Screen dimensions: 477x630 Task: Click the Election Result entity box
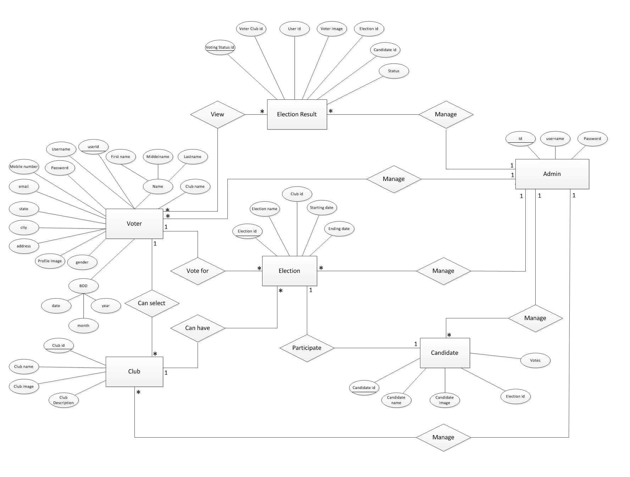click(297, 114)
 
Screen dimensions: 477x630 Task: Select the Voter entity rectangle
click(134, 224)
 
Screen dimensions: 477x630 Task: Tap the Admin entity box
click(552, 174)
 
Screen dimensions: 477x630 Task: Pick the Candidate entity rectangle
click(444, 353)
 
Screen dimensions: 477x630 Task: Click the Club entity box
click(134, 371)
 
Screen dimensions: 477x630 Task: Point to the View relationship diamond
click(217, 114)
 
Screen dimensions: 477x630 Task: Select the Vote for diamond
click(198, 271)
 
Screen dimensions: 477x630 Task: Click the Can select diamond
click(152, 303)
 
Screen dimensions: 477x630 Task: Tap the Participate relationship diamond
click(307, 348)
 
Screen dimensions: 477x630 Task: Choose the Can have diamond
click(198, 328)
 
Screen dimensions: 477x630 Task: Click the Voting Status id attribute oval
click(220, 48)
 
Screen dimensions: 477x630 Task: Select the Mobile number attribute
click(24, 167)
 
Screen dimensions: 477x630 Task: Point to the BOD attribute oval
click(83, 286)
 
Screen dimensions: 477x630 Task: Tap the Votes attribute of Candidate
click(535, 361)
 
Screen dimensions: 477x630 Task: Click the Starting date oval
click(321, 208)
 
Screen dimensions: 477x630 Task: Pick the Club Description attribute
click(63, 400)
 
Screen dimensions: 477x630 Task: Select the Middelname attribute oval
click(158, 157)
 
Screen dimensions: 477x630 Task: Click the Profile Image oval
click(50, 261)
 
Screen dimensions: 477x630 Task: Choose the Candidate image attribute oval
click(444, 400)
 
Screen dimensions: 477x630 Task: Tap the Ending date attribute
click(339, 229)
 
